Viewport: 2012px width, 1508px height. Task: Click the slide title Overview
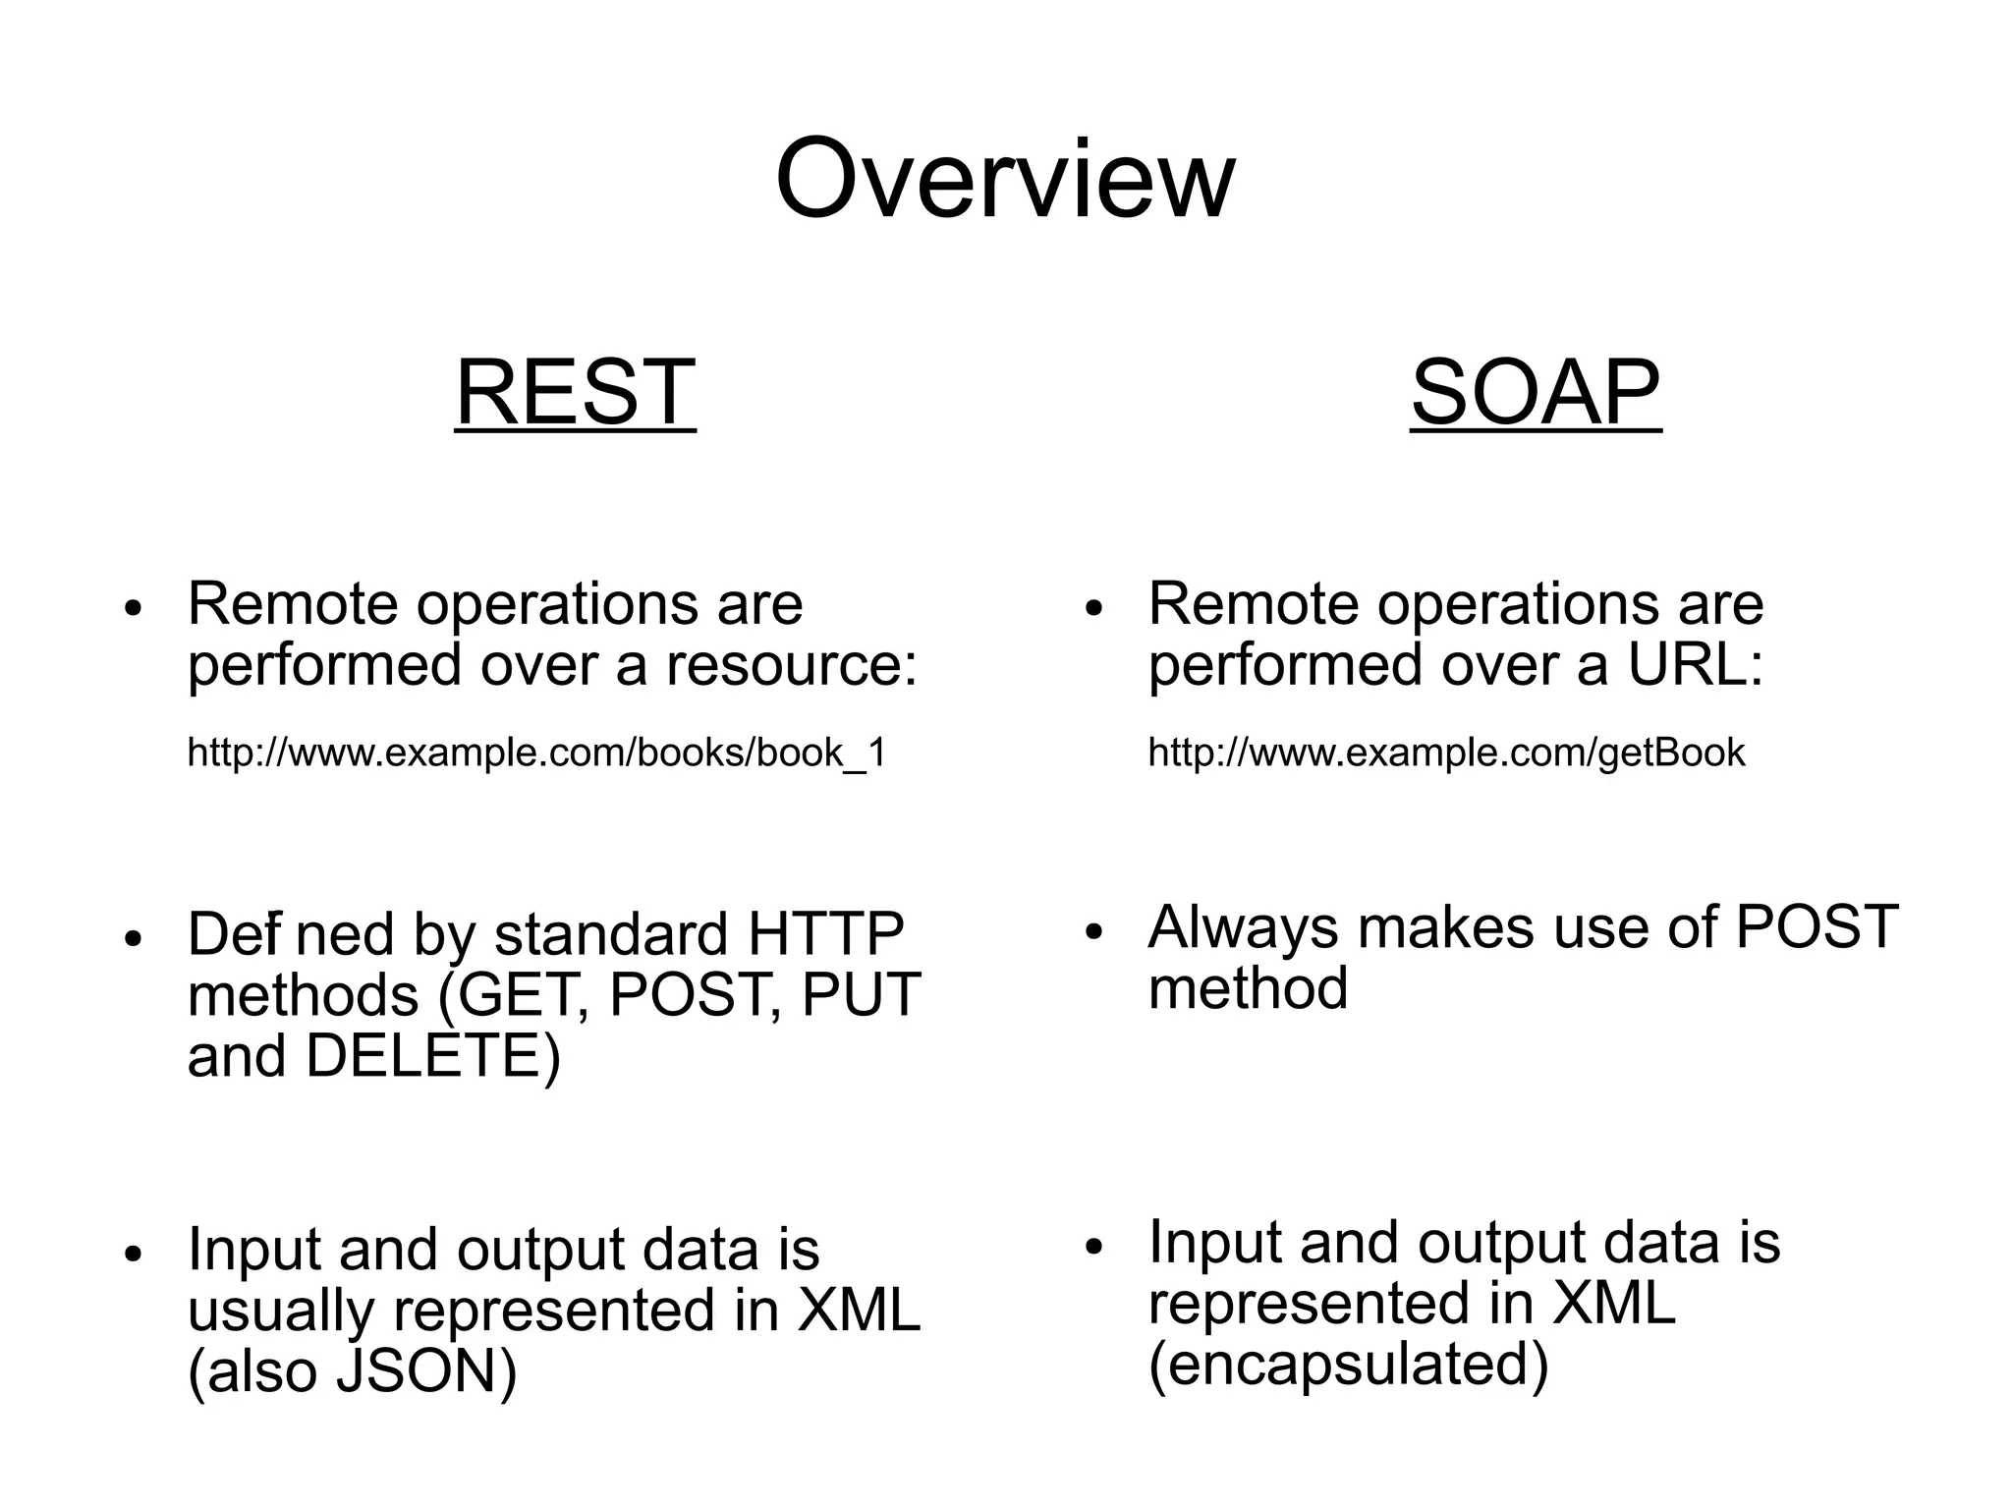(1005, 180)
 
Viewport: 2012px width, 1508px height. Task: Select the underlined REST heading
(576, 392)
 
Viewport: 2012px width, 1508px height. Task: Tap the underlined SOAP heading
(1536, 392)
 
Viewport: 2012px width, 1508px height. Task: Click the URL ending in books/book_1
(536, 754)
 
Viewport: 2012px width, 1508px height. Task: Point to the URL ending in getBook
(1446, 754)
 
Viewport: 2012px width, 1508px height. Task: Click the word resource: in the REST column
(792, 666)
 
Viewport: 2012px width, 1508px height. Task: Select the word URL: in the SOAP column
(1696, 666)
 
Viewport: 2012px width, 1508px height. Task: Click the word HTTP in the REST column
(825, 933)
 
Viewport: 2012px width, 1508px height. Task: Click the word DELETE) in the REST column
(432, 1057)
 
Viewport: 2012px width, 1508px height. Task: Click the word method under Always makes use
(1248, 988)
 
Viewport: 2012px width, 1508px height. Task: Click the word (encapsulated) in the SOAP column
(1348, 1365)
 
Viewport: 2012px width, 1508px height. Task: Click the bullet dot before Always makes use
(1095, 931)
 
